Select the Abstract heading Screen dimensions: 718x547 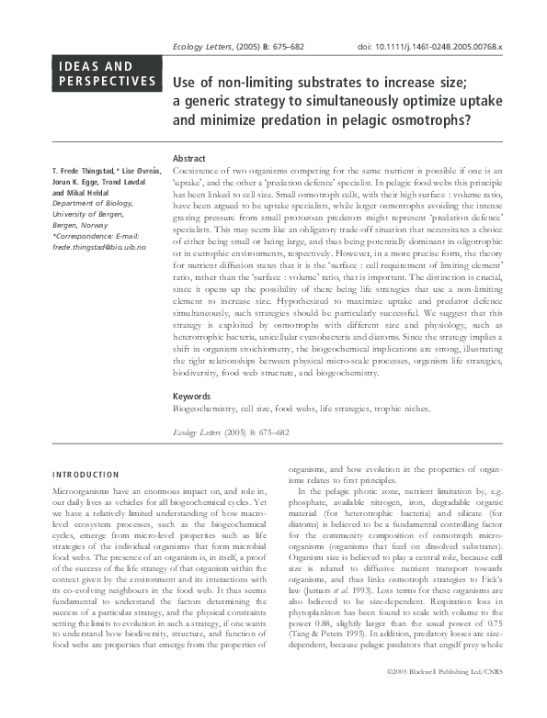tap(189, 158)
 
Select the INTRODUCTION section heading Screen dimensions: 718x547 tap(85, 475)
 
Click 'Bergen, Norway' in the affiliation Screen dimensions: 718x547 tap(84, 226)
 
